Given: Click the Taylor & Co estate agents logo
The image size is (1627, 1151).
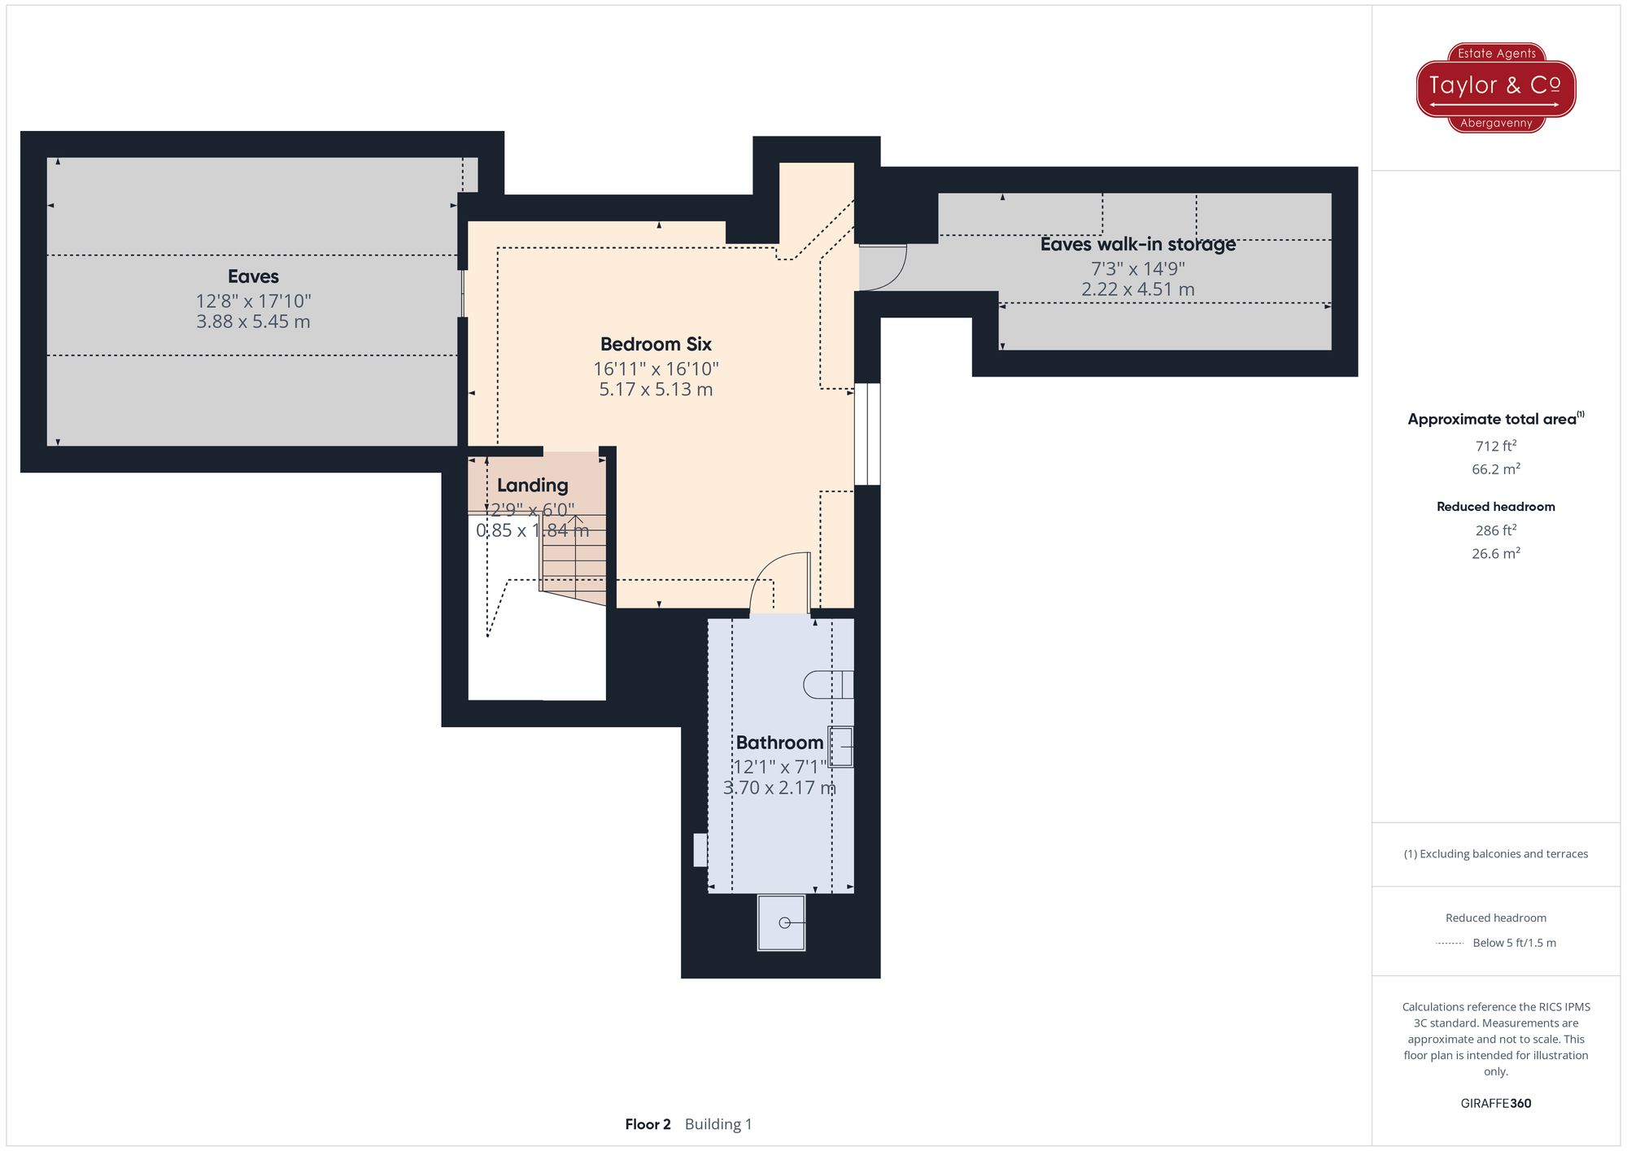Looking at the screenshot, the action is [x=1496, y=88].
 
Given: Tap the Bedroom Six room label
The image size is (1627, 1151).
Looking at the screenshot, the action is [x=656, y=344].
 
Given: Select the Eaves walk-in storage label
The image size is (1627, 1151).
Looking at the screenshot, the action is [x=1137, y=244].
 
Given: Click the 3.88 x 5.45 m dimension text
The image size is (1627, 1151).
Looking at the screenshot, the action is [x=253, y=321].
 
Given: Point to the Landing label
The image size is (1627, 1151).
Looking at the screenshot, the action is [x=532, y=486].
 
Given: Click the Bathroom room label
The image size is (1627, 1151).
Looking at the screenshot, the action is [x=779, y=743].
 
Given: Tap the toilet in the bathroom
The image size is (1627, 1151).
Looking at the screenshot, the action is [x=828, y=685].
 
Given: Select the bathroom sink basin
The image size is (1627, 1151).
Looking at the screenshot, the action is [x=841, y=747].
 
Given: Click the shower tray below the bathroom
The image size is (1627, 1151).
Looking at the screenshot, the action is [x=782, y=922].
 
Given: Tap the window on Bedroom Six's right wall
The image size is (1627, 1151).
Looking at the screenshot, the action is [x=867, y=434].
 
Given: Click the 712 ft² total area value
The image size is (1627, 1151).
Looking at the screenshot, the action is [x=1496, y=446].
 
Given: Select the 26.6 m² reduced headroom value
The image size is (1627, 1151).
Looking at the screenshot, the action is [x=1496, y=553].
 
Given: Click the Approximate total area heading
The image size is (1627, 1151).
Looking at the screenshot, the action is [x=1496, y=419].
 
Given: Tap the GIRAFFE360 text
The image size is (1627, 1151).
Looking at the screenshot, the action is [x=1496, y=1104].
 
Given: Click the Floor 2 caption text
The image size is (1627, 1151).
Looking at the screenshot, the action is [x=648, y=1124].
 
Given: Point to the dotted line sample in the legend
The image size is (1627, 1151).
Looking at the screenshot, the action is [x=1450, y=944].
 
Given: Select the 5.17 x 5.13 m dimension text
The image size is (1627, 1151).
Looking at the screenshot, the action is [x=656, y=390].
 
